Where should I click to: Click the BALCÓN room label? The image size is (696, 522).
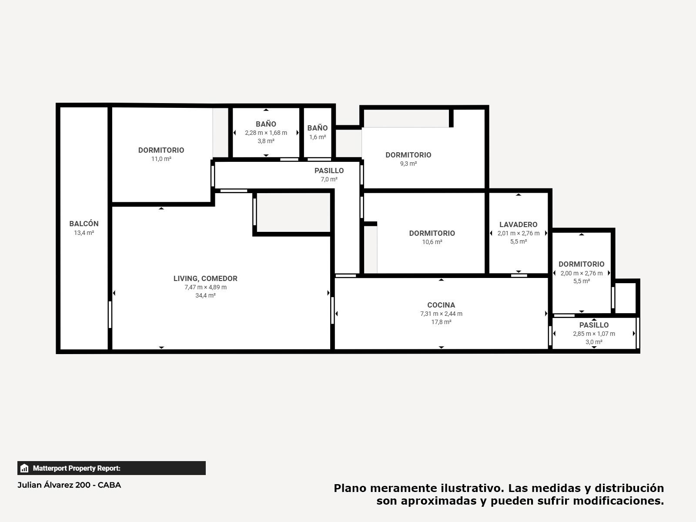(x=84, y=224)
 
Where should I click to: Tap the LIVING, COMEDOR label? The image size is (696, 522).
(x=205, y=278)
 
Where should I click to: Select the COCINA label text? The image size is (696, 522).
(x=441, y=305)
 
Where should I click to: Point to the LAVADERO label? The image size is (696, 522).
(x=519, y=225)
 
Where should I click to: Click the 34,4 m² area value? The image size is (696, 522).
(x=205, y=295)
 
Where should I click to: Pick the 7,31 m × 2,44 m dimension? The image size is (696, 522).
(x=441, y=314)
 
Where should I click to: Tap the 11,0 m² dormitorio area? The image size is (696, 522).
(x=161, y=159)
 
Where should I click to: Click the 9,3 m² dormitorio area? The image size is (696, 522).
(x=408, y=164)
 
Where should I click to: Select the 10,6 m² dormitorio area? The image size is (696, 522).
(x=432, y=242)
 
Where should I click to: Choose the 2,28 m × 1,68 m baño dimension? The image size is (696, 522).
(x=266, y=133)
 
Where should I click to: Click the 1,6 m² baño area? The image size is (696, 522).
(x=318, y=137)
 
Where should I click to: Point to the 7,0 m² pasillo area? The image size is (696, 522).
(x=329, y=179)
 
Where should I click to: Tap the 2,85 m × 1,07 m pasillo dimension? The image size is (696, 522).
(x=594, y=334)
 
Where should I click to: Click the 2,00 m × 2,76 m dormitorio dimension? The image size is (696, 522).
(x=582, y=273)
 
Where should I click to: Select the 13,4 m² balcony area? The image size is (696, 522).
(x=84, y=233)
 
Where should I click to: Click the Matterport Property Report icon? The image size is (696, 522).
(x=24, y=468)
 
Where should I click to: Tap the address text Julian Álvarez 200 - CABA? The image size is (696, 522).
(x=69, y=485)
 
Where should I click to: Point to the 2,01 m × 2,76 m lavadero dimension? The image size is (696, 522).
(x=519, y=233)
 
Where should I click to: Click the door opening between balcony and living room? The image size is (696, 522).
(x=110, y=315)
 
